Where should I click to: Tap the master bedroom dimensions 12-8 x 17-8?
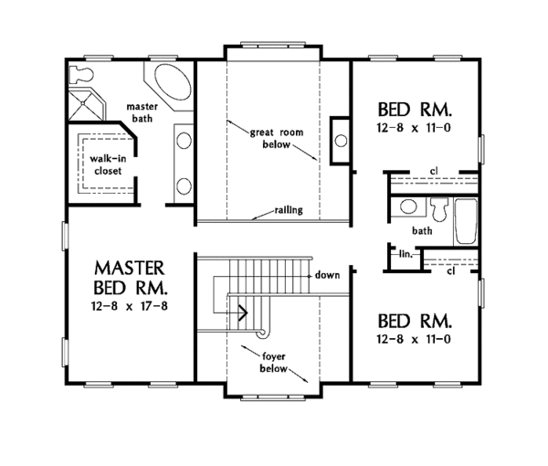pos(130,303)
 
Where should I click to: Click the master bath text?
pos(142,112)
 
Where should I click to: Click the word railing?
pos(288,210)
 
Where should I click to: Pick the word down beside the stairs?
pos(327,274)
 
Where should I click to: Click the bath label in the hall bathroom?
pos(421,231)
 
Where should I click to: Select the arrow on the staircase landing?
pos(242,311)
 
